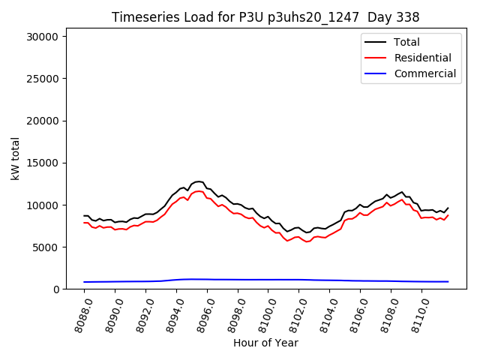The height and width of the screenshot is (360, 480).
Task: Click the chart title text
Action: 265,17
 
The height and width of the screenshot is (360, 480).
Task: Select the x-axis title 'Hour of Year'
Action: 265,343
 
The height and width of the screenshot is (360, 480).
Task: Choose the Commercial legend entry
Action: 424,73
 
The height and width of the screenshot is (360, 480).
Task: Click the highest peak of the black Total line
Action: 199,181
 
